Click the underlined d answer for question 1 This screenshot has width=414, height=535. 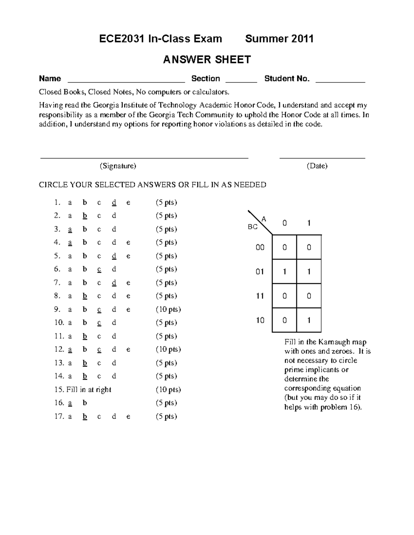pos(114,203)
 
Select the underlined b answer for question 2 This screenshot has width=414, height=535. pos(85,216)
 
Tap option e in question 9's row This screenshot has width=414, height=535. pos(128,309)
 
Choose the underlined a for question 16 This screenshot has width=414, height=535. pos(70,403)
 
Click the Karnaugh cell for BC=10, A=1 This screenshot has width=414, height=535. pos(309,320)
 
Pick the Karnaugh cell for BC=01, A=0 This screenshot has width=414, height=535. pos(284,272)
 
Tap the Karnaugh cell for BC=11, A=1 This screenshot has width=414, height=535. pos(309,296)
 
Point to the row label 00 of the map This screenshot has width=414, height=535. pos(260,247)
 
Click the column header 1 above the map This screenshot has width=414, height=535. pos(309,223)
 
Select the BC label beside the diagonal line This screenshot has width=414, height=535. pos(253,227)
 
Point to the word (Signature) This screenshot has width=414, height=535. pos(118,166)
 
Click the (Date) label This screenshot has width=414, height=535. pos(317,166)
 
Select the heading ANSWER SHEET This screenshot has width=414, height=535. pos(207,60)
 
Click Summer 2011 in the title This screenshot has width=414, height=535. pos(279,39)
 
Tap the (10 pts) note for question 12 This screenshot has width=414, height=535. pos(168,349)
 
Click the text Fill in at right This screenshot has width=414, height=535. pos(89,390)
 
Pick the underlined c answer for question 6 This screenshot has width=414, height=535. pos(99,269)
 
